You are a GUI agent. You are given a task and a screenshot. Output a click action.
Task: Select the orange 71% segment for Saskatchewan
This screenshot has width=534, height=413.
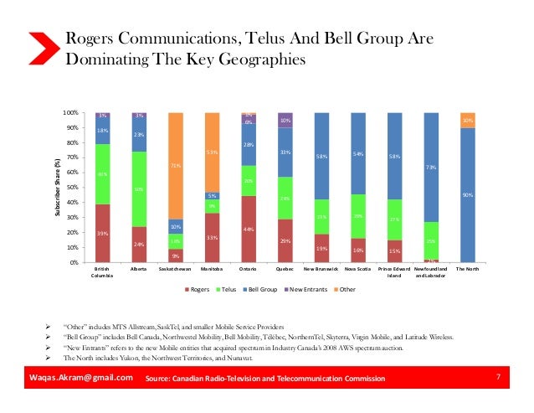pyautogui.click(x=176, y=166)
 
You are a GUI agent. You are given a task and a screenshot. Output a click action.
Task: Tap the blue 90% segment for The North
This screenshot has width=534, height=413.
pyautogui.click(x=467, y=195)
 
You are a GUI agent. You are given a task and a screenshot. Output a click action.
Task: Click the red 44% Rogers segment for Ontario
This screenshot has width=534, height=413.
pyautogui.click(x=249, y=229)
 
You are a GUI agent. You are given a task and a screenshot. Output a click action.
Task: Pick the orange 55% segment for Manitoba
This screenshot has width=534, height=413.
pyautogui.click(x=213, y=152)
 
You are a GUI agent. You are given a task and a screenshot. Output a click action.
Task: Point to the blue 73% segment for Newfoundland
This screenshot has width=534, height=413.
pyautogui.click(x=431, y=167)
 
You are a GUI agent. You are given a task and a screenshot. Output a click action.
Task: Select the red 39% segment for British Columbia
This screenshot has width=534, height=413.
pyautogui.click(x=103, y=233)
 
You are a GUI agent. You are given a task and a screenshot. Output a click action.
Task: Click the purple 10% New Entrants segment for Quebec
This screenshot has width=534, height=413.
pyautogui.click(x=285, y=120)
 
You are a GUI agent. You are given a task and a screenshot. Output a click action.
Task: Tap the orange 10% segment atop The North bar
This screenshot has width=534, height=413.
pyautogui.click(x=467, y=120)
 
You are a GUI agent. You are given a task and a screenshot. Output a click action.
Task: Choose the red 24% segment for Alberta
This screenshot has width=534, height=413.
pyautogui.click(x=139, y=245)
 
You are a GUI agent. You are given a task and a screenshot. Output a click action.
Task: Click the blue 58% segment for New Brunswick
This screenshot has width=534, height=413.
pyautogui.click(x=321, y=156)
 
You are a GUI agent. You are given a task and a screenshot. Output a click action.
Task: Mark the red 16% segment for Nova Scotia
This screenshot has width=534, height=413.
pyautogui.click(x=357, y=250)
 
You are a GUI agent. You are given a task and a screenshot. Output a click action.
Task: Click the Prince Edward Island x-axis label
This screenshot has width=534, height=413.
pyautogui.click(x=394, y=272)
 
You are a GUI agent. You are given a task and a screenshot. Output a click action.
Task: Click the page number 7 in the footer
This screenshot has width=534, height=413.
pyautogui.click(x=498, y=379)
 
